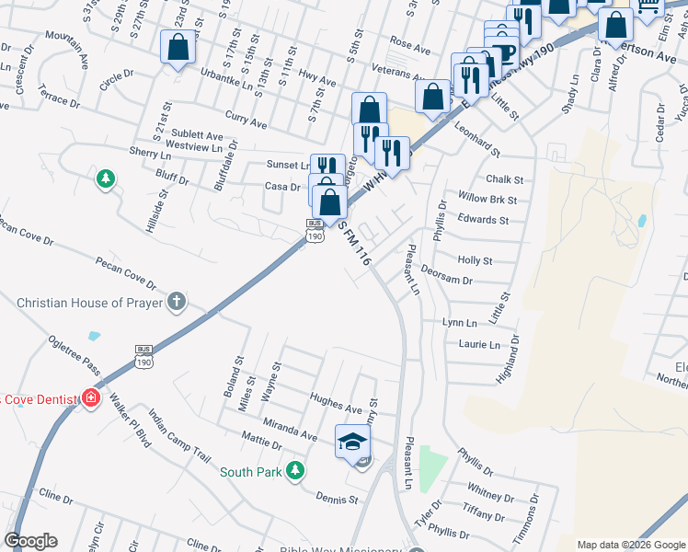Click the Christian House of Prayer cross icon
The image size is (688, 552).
point(176,302)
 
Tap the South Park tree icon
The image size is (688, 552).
point(294,472)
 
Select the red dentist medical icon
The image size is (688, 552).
point(90,398)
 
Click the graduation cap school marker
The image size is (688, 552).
point(352,443)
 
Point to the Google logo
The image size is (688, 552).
point(30,541)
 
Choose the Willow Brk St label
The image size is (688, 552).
point(487,199)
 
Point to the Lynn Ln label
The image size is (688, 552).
point(460,323)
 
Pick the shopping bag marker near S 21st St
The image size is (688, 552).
point(177,48)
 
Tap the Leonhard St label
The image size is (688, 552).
point(476,139)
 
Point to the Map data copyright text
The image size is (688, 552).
point(631,545)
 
